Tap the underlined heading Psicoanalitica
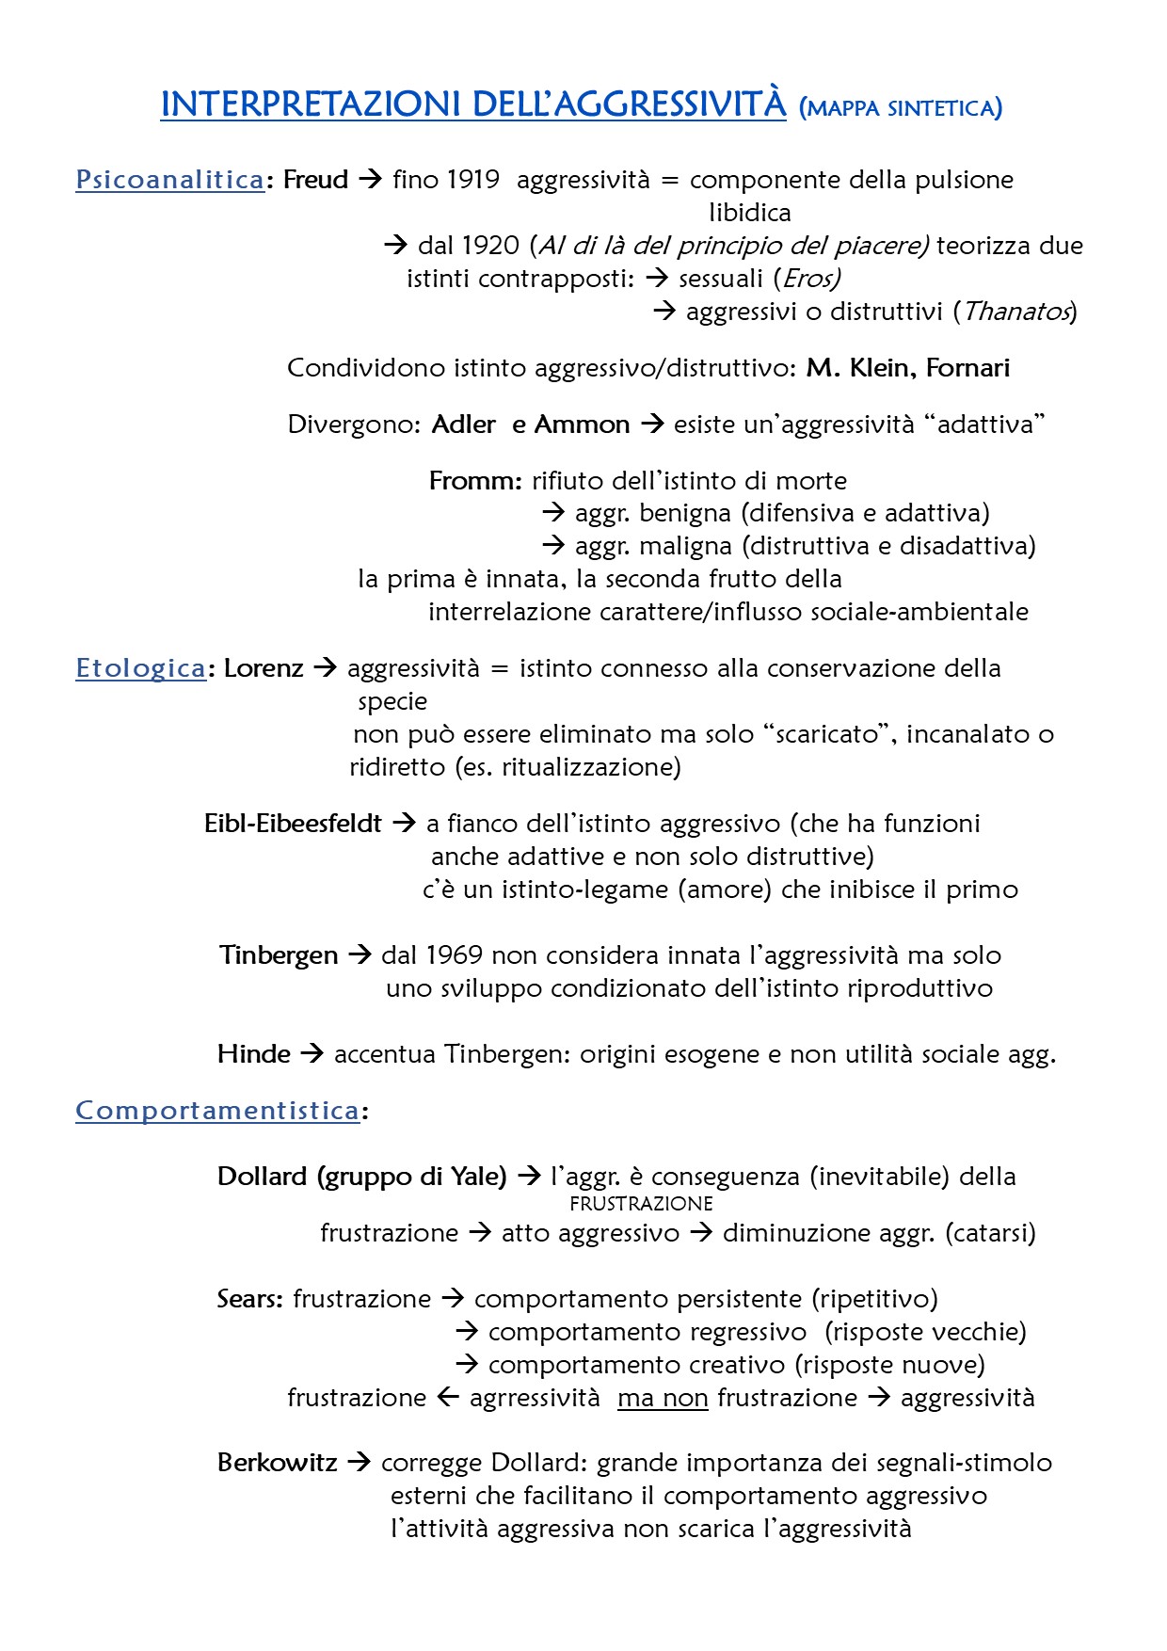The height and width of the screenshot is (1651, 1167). coord(169,180)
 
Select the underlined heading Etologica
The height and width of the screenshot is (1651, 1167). coord(140,668)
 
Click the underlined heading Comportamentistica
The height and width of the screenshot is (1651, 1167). coord(217,1111)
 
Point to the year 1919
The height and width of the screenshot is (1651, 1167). coord(472,180)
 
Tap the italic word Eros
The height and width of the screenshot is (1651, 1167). coord(810,279)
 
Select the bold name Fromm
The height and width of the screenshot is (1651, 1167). coord(474,481)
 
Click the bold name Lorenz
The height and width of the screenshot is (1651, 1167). coord(264,668)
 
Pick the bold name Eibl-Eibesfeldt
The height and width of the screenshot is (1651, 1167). coord(293,824)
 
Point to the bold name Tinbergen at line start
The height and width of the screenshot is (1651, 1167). coord(279,955)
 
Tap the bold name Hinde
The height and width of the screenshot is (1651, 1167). coord(254,1054)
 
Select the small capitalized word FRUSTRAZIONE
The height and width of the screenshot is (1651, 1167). coord(641,1204)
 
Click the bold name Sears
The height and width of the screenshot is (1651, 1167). coord(248,1299)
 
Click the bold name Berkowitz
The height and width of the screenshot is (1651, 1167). coord(277,1463)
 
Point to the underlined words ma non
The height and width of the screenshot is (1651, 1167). coord(663,1398)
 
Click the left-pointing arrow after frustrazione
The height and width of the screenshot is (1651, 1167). coord(448,1398)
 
